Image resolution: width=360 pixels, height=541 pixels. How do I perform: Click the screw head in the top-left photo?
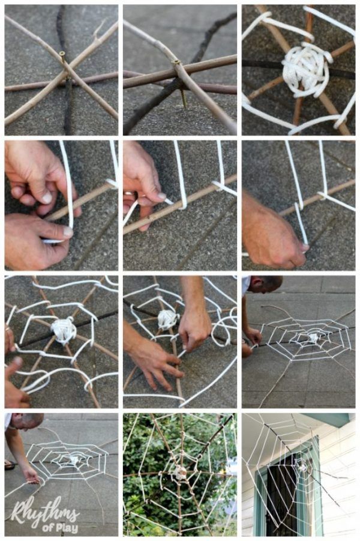[62, 54]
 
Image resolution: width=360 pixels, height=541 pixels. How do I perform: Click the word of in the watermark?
[47, 528]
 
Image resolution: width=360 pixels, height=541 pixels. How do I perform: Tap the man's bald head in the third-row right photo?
[266, 283]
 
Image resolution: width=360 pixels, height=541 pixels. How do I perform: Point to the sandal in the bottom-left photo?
[10, 465]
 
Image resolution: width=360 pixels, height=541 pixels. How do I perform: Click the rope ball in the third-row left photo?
[64, 330]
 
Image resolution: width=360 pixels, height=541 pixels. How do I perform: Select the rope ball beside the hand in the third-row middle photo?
[168, 319]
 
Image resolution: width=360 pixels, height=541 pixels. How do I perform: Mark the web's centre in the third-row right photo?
[313, 338]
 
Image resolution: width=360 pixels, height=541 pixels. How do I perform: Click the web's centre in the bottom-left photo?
[74, 460]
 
